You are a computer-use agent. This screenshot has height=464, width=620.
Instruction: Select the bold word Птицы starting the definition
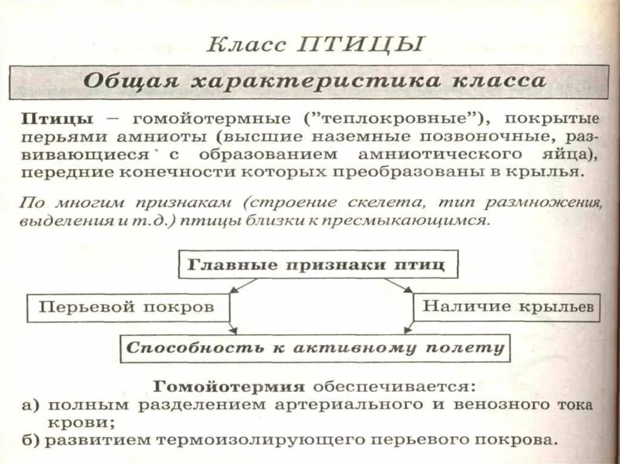pyautogui.click(x=57, y=117)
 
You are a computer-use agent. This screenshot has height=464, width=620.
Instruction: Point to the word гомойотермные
pyautogui.click(x=193, y=117)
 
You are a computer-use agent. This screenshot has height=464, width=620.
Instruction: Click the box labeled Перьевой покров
pyautogui.click(x=128, y=307)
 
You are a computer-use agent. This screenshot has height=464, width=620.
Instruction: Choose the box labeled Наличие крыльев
pyautogui.click(x=506, y=307)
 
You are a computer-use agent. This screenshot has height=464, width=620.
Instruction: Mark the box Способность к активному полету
pyautogui.click(x=314, y=348)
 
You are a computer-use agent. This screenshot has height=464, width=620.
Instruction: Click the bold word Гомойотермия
pyautogui.click(x=228, y=386)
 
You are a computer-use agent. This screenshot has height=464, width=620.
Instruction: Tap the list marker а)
pyautogui.click(x=30, y=405)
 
